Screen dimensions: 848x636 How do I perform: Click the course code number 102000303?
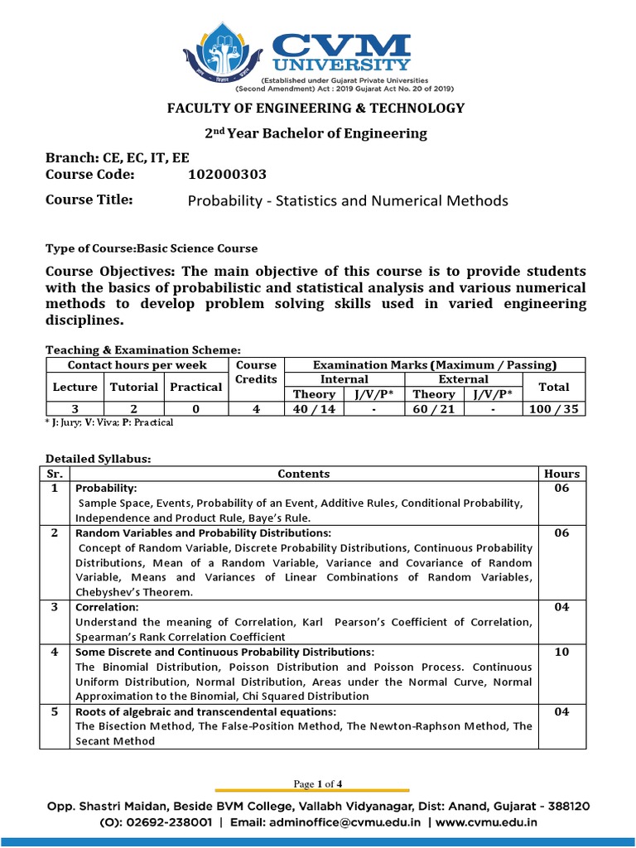click(x=228, y=174)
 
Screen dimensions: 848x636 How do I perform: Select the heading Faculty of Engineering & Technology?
click(x=317, y=108)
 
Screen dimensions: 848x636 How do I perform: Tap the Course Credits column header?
click(x=256, y=372)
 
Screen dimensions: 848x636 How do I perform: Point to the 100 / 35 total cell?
click(x=553, y=408)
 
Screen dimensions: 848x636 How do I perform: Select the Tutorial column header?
click(x=133, y=387)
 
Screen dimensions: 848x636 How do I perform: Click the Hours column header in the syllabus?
click(x=562, y=474)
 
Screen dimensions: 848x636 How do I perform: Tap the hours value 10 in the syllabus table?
click(x=562, y=652)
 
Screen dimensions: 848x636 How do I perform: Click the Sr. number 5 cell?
click(x=55, y=711)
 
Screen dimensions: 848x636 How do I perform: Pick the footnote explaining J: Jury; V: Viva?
click(x=109, y=422)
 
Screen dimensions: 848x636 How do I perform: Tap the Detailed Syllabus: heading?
click(x=99, y=458)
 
